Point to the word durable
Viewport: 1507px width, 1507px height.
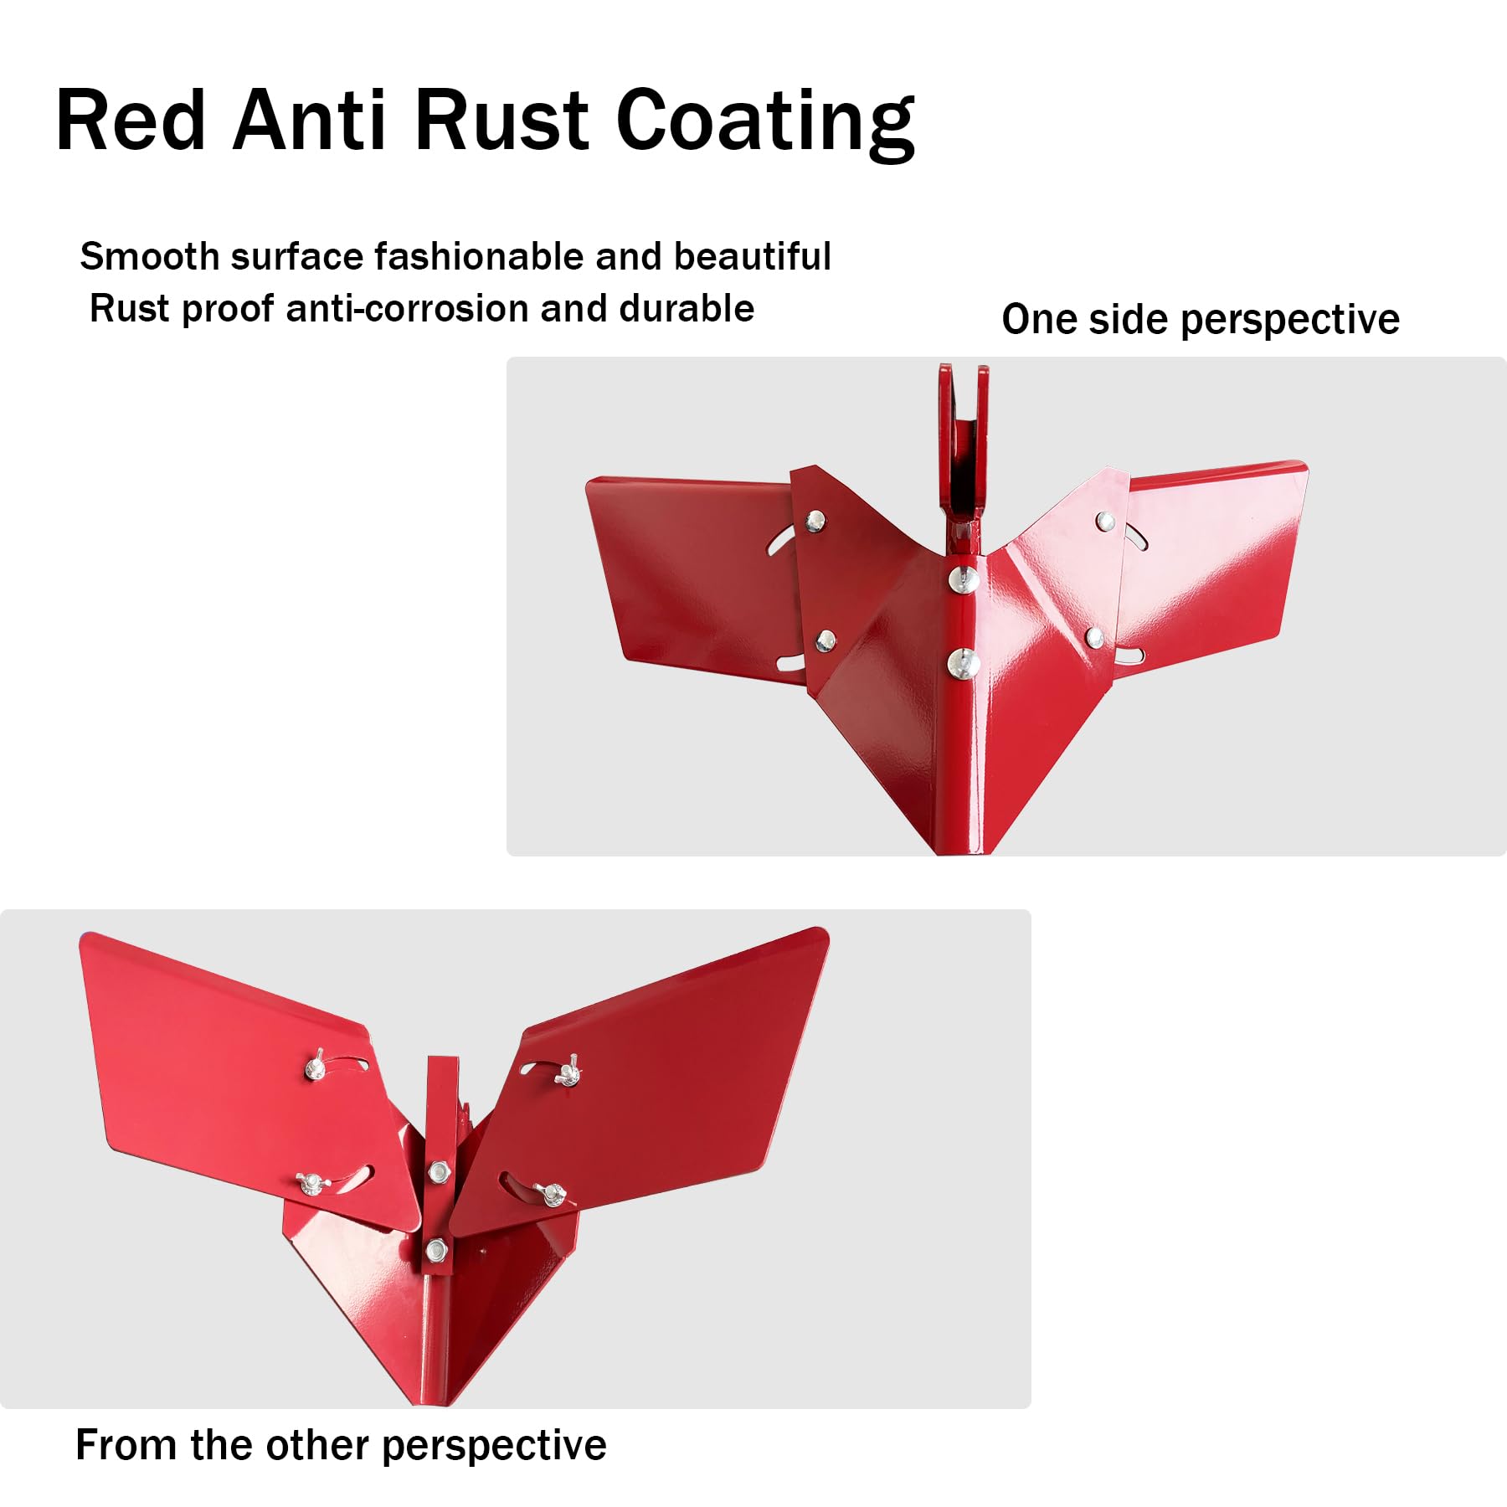coord(687,308)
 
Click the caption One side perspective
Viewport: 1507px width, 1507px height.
coord(1201,320)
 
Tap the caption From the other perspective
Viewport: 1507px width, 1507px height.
coord(341,1445)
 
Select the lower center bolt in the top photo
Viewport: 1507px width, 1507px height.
coord(964,664)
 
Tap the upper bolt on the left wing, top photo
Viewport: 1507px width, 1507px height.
coord(815,522)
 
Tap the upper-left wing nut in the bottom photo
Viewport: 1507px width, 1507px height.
coord(316,1067)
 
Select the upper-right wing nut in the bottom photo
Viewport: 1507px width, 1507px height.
coord(567,1072)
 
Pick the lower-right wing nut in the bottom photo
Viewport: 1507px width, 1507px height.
coord(550,1193)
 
